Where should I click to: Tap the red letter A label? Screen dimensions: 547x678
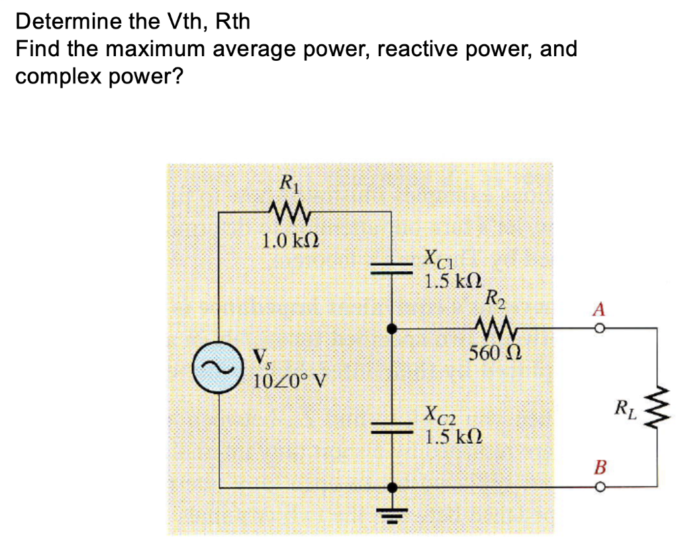coord(599,309)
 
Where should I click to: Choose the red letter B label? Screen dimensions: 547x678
coord(599,468)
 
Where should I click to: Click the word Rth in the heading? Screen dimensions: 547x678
coord(233,22)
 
